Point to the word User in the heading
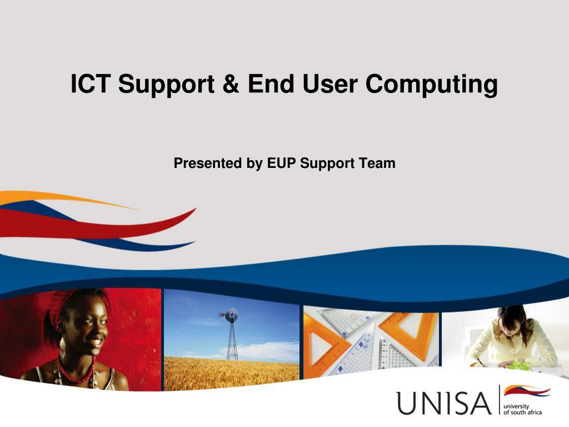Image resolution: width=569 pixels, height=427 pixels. click(331, 84)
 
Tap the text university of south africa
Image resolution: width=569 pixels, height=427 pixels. click(522, 410)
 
